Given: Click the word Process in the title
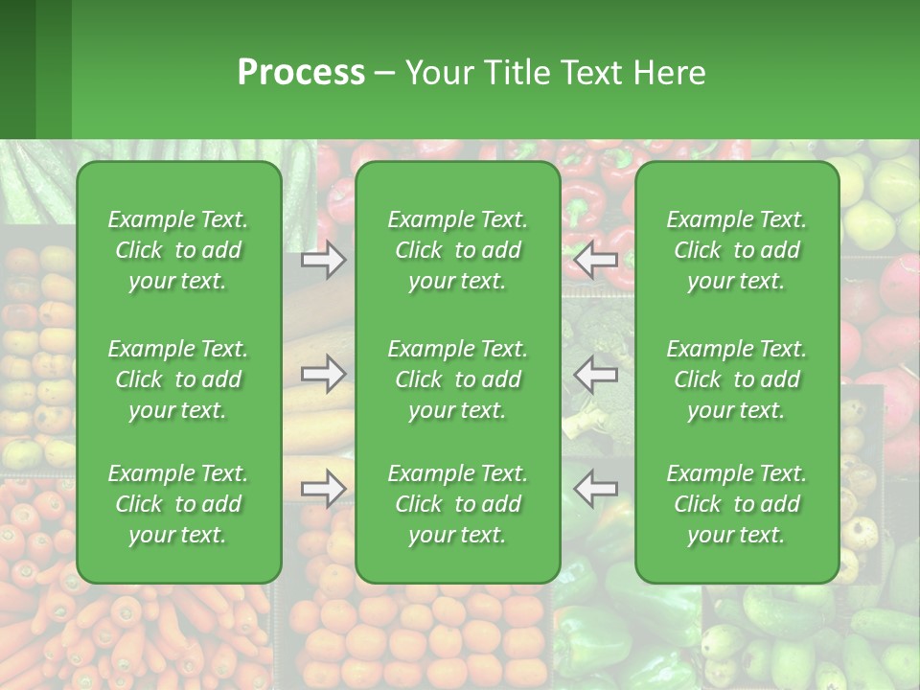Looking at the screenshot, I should coord(301,73).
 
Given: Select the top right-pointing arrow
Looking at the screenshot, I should coord(323,260).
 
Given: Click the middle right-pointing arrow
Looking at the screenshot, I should coord(323,374).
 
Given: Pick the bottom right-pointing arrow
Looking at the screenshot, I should coord(323,489).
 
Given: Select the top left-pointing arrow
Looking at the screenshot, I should coord(595,260).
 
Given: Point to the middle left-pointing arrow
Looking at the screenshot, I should coord(595,374).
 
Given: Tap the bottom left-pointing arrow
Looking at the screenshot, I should coord(595,489).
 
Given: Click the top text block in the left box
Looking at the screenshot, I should coord(178,250).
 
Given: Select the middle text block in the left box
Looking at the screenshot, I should coord(178,379).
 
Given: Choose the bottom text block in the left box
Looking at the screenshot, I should coord(178,504).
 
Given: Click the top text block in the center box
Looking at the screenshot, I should coord(458,250).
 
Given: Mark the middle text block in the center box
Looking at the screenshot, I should coord(458,379).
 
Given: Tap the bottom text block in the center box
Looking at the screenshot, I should coord(458,504).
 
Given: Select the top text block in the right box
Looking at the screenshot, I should coord(737,250).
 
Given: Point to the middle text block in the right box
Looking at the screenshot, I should coord(737,379).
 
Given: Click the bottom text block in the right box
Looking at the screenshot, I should coord(737,504).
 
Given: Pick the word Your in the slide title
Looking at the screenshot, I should coord(438,73).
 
